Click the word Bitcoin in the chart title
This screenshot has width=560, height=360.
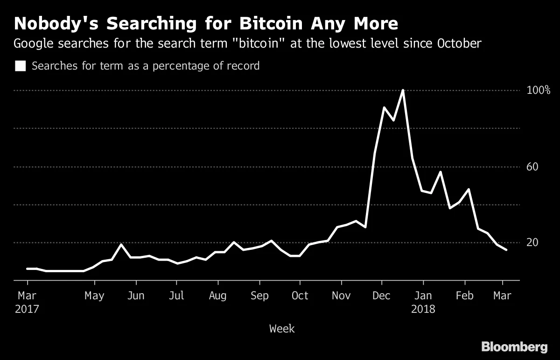[262, 23]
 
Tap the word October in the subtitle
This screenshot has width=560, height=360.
[458, 44]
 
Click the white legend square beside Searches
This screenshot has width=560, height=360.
[20, 66]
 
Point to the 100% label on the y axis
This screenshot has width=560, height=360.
[539, 90]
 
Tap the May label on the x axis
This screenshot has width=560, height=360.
[95, 296]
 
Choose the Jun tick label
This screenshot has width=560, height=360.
[136, 296]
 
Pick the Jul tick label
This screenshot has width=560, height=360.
[176, 296]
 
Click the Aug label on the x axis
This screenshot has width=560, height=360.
[217, 296]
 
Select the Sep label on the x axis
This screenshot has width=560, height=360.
[259, 296]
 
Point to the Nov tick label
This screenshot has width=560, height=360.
[341, 296]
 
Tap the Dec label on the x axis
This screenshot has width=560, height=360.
[382, 296]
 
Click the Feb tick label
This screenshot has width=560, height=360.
[464, 296]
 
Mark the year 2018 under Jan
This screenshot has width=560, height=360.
[423, 309]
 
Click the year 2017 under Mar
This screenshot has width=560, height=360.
[28, 309]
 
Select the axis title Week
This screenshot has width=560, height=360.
[282, 329]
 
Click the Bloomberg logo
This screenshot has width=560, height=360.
[514, 347]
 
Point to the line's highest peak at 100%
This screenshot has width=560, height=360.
[402, 91]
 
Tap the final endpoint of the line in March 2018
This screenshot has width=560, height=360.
[506, 250]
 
